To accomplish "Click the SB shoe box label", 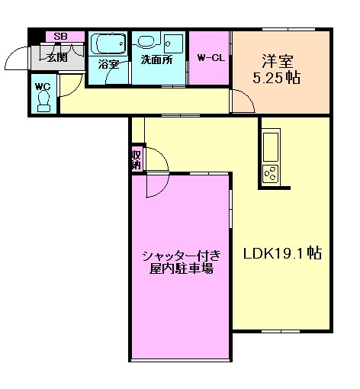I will click(59, 36).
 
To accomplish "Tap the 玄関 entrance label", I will click(56, 56).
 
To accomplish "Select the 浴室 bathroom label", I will click(108, 64).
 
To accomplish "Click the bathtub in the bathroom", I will click(108, 43).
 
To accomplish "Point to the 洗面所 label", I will click(156, 59).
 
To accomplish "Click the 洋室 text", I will click(278, 59).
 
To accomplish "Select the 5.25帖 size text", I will click(277, 77).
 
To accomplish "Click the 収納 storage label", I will click(136, 159).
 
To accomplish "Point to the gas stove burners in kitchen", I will click(271, 174).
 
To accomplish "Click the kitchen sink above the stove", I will click(272, 143).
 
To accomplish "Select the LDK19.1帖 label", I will click(281, 255).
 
